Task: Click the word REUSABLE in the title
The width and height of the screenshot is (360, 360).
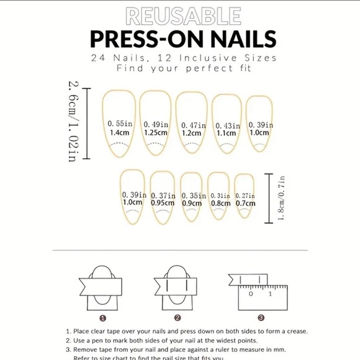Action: coord(182,16)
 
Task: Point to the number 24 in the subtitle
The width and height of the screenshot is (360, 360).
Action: coord(97,57)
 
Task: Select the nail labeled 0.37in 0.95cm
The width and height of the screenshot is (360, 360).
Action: coord(163,197)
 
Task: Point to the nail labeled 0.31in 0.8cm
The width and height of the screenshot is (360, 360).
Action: coord(220,197)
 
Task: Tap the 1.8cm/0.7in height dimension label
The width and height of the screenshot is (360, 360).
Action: coord(281,197)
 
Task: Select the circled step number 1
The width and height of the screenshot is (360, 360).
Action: coord(103,318)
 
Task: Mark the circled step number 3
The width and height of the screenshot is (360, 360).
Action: coord(261,318)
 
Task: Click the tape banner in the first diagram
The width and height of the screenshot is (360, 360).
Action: coord(103,283)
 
